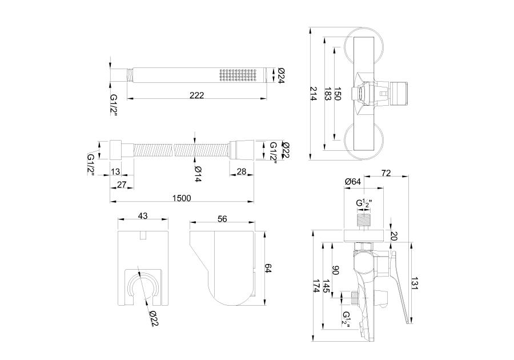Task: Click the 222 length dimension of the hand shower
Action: pyautogui.click(x=196, y=95)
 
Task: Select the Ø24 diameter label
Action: pyautogui.click(x=280, y=75)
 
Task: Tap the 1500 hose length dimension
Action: pyautogui.click(x=182, y=198)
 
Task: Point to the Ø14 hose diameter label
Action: pyautogui.click(x=198, y=174)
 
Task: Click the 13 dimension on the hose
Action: pyautogui.click(x=116, y=171)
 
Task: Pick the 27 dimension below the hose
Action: pyautogui.click(x=122, y=185)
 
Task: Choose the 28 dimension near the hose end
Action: pyautogui.click(x=241, y=171)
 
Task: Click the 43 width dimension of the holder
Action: pyautogui.click(x=143, y=216)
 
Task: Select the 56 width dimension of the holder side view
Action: pyautogui.click(x=222, y=219)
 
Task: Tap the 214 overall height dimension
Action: pyautogui.click(x=314, y=94)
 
